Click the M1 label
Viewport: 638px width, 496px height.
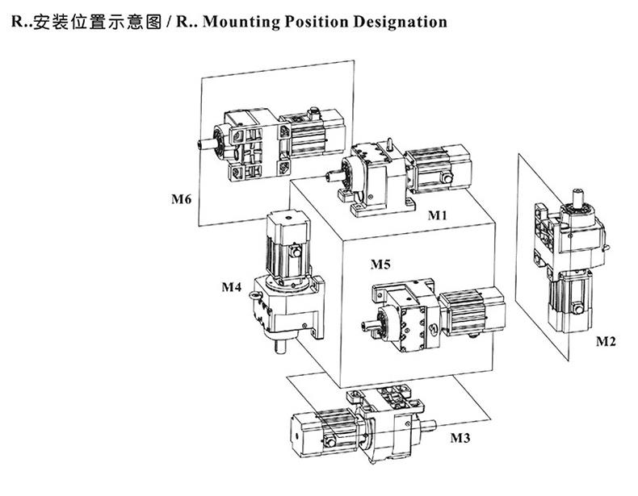click(x=437, y=215)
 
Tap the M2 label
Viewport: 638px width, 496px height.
click(x=606, y=341)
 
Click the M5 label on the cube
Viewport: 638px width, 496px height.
click(x=380, y=264)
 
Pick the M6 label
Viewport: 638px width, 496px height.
click(x=181, y=199)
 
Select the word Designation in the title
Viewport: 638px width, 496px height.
click(x=399, y=22)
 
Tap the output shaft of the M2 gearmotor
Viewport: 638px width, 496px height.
click(x=580, y=195)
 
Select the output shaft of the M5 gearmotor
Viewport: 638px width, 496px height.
click(x=372, y=326)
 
